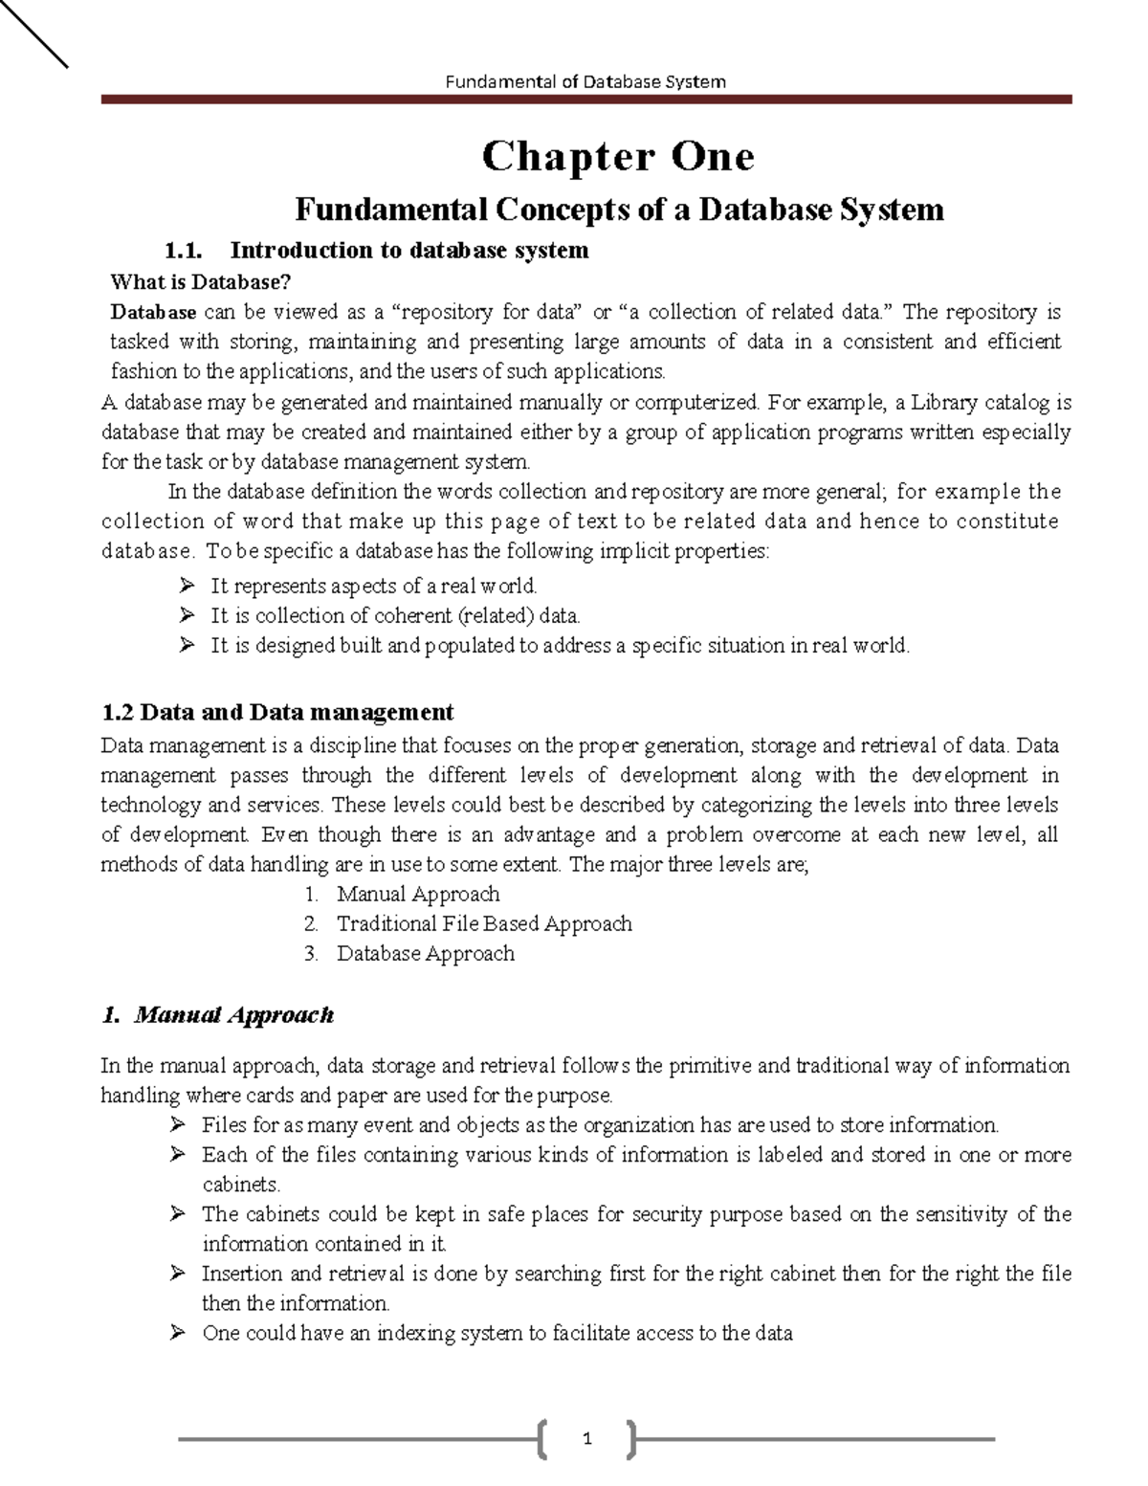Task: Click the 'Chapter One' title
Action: [x=618, y=157]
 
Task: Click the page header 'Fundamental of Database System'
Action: [x=585, y=81]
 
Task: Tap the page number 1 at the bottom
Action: [x=587, y=1438]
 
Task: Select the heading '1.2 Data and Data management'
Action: [x=277, y=712]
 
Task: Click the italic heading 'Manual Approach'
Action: [x=233, y=1014]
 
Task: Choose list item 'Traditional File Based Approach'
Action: [x=484, y=923]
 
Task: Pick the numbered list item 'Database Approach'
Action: [x=425, y=953]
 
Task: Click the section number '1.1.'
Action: [x=185, y=251]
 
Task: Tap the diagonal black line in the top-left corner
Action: [x=33, y=33]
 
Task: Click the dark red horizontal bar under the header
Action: [x=585, y=99]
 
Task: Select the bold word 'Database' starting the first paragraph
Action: [x=153, y=312]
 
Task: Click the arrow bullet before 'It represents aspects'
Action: [x=187, y=586]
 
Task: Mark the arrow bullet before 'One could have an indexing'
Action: [x=177, y=1332]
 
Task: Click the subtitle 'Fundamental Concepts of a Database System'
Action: [x=619, y=209]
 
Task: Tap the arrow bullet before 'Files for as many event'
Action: [x=177, y=1124]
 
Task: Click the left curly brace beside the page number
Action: [x=543, y=1438]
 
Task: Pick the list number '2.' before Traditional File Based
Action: [x=311, y=923]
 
